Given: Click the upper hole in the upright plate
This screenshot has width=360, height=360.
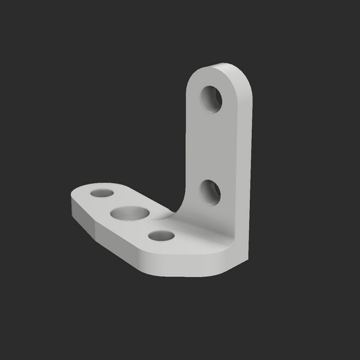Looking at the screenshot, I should pyautogui.click(x=212, y=99).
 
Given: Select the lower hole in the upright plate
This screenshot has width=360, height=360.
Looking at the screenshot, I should pyautogui.click(x=211, y=192).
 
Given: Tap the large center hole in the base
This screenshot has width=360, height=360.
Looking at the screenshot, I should pyautogui.click(x=131, y=214).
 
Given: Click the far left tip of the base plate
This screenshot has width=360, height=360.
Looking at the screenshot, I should pyautogui.click(x=72, y=202).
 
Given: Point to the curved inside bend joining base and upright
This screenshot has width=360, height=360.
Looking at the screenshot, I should pyautogui.click(x=177, y=215).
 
